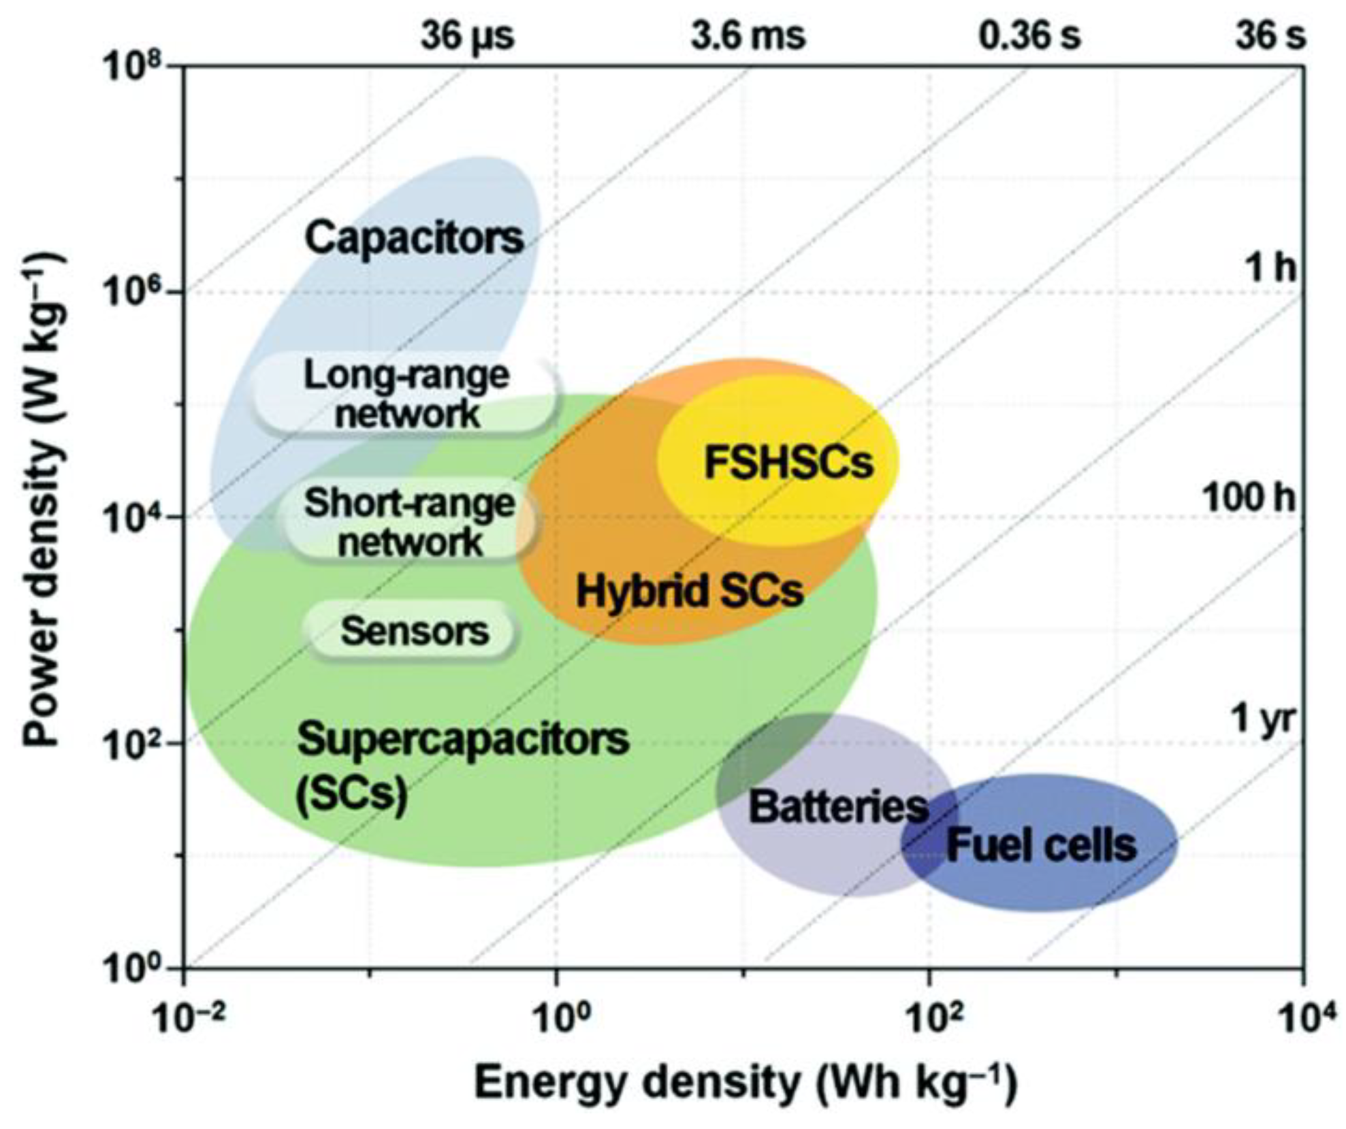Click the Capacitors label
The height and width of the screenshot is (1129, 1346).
(x=414, y=238)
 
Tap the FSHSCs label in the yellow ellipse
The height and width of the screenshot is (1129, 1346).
(x=788, y=462)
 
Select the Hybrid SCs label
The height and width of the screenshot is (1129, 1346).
(x=690, y=590)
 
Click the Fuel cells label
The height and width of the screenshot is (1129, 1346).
(x=1041, y=845)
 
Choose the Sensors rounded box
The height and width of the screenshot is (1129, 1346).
(x=414, y=631)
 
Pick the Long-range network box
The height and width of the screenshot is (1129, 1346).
(x=406, y=394)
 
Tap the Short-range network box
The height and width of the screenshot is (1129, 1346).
(x=410, y=523)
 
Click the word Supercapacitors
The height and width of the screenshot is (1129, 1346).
(x=463, y=739)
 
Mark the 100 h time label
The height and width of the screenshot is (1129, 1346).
(x=1248, y=498)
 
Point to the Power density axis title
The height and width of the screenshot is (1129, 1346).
(x=46, y=500)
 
